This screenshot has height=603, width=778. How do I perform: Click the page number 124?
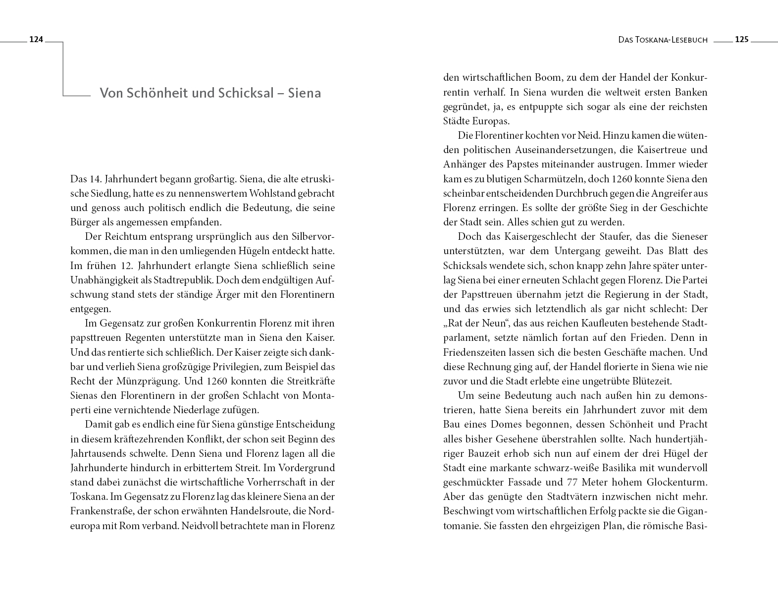click(x=37, y=40)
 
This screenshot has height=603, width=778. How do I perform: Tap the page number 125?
click(x=741, y=40)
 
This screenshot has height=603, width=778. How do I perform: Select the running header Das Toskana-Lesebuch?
click(x=663, y=40)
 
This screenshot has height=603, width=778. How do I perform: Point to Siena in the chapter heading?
click(x=305, y=93)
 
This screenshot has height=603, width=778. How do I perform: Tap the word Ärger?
click(x=241, y=294)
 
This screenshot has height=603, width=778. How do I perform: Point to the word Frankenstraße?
click(x=101, y=511)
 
